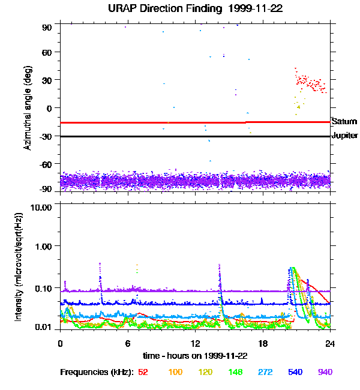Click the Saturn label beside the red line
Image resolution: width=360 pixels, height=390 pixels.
pyautogui.click(x=344, y=121)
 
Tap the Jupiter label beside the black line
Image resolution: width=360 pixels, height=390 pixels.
pyautogui.click(x=344, y=136)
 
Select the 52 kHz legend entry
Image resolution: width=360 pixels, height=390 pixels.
pyautogui.click(x=143, y=372)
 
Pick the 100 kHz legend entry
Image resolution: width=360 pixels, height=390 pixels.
pyautogui.click(x=175, y=372)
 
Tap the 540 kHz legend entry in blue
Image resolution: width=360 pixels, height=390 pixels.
pyautogui.click(x=295, y=372)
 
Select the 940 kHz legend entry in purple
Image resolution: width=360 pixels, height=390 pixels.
pyautogui.click(x=325, y=372)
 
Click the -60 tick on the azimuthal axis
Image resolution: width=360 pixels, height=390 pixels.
pyautogui.click(x=46, y=163)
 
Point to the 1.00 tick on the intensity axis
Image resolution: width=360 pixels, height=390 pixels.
pyautogui.click(x=44, y=246)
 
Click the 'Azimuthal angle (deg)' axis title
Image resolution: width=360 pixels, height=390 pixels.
pyautogui.click(x=27, y=108)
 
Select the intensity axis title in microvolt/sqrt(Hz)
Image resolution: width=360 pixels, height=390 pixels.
pyautogui.click(x=19, y=266)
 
